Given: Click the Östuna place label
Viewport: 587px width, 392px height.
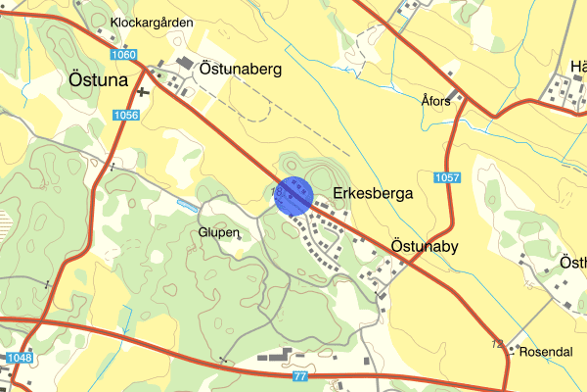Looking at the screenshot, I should [100, 80].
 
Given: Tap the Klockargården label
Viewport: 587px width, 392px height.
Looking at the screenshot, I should [152, 22].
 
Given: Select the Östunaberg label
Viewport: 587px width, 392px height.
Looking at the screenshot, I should [240, 70].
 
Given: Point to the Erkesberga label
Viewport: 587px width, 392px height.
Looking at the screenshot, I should [373, 194].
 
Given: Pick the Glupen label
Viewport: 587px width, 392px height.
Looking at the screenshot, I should [218, 232].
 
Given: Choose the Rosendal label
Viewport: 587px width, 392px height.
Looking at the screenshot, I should [545, 351].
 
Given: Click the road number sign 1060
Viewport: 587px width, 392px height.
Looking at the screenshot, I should [123, 55].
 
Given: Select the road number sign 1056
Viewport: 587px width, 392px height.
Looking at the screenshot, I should [126, 116].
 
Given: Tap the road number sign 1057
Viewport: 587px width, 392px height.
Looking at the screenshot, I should [446, 177].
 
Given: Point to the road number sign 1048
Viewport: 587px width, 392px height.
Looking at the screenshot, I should [18, 358].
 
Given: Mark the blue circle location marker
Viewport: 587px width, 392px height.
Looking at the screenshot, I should [293, 195].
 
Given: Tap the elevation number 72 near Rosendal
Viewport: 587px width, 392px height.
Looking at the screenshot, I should [498, 343].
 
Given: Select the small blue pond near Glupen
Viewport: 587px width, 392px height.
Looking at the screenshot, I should [186, 205].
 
